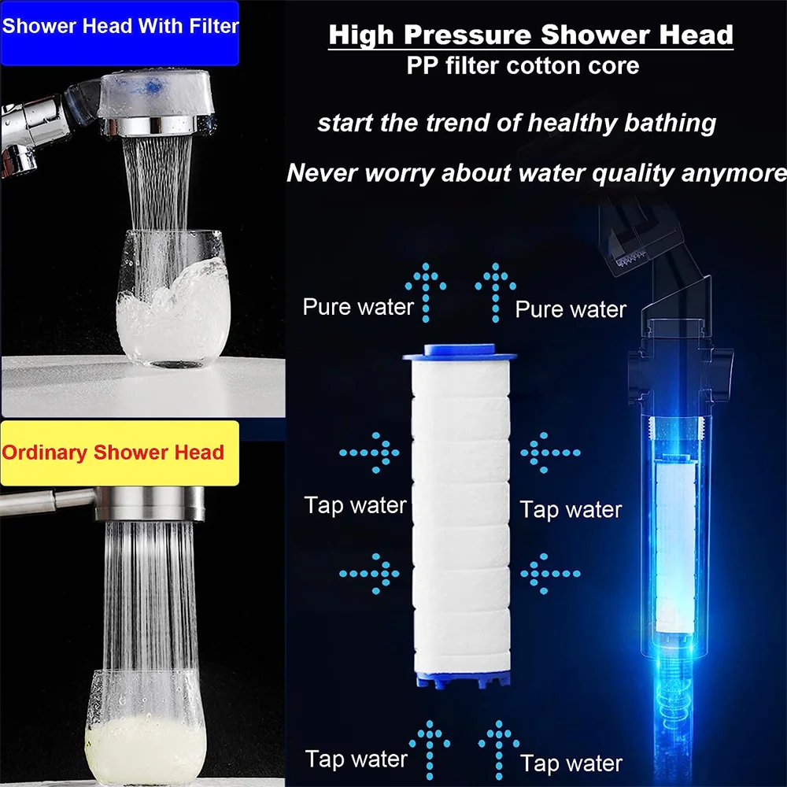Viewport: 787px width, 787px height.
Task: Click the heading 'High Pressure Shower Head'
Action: [x=530, y=35]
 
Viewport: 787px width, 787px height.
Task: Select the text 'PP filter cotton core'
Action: [x=523, y=66]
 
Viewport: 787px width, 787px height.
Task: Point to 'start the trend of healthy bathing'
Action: [x=516, y=123]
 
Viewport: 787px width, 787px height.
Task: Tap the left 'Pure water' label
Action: [x=358, y=306]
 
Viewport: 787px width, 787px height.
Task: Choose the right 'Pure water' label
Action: [x=571, y=309]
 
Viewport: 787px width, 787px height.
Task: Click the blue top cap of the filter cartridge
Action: [x=460, y=353]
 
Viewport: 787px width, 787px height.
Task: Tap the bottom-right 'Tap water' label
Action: [x=571, y=762]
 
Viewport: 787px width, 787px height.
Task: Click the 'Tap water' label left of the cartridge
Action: [x=356, y=505]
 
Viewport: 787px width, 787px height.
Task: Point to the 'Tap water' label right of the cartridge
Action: [x=571, y=509]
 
